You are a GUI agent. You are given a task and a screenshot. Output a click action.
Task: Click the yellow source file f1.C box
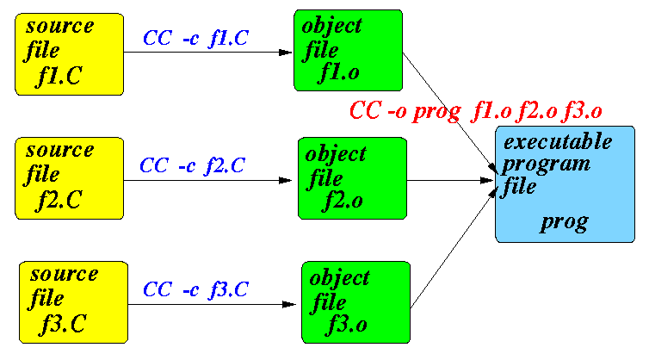click(68, 53)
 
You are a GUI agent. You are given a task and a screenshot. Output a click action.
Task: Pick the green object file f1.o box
click(348, 51)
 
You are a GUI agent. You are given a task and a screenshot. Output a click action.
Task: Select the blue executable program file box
click(565, 183)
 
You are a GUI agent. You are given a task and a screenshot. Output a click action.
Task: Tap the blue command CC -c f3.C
click(195, 289)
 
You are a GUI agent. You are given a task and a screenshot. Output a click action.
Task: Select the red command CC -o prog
click(475, 110)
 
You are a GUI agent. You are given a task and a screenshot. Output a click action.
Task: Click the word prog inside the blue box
click(565, 223)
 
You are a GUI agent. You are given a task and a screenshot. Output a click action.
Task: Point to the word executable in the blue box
click(558, 141)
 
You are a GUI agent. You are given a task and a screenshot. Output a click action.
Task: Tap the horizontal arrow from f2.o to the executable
click(448, 181)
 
